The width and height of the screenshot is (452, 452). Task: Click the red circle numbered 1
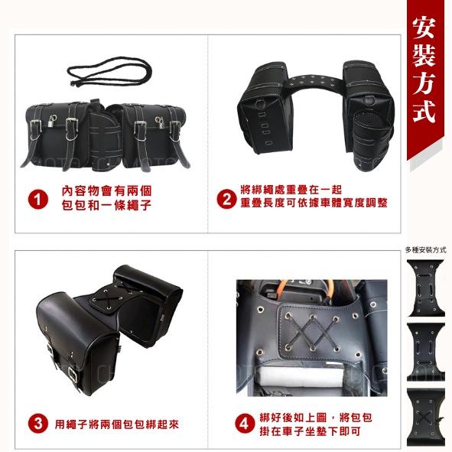38,199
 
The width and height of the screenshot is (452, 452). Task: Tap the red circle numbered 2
226,199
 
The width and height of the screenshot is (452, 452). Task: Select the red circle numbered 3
38,424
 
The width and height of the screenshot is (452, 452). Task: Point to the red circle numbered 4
245,424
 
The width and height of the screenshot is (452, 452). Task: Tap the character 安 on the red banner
423,28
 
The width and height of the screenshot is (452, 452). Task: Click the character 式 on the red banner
423,111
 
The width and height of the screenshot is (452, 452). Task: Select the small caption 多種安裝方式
425,250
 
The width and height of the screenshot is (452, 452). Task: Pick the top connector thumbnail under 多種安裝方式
425,288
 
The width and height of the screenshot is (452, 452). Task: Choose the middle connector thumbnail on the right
425,353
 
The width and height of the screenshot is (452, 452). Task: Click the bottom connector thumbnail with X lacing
425,417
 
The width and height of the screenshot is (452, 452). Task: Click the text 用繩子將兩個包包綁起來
117,424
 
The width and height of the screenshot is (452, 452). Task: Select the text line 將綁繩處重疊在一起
291,190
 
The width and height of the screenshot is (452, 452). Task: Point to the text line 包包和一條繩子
106,205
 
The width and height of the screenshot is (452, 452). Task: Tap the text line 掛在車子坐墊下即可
311,431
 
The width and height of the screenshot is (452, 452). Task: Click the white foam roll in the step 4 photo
303,376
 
